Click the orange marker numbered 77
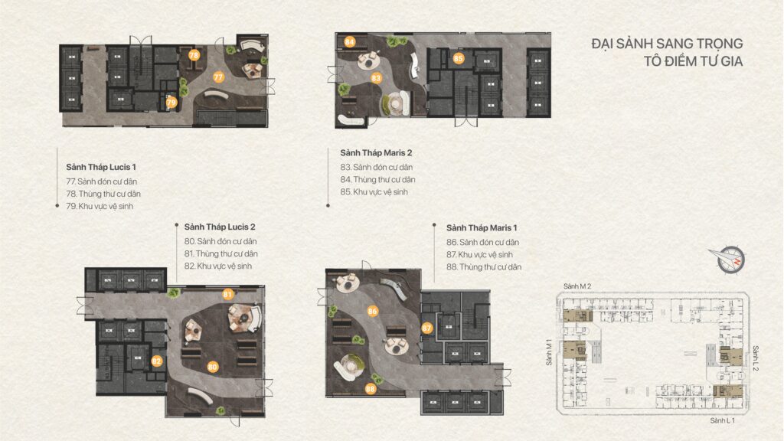click(218, 77)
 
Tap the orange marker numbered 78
click(194, 55)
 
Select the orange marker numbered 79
click(171, 103)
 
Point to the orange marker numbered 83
click(376, 78)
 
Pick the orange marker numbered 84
click(349, 42)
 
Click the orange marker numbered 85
click(459, 58)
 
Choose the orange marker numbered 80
click(213, 367)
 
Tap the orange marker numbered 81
click(228, 294)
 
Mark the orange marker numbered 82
click(157, 361)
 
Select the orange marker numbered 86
click(373, 311)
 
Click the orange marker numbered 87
click(426, 328)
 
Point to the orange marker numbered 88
click(371, 388)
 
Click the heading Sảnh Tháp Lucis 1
click(101, 167)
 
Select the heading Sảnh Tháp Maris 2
click(376, 152)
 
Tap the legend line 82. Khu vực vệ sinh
click(218, 266)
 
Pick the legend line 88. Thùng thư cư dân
click(484, 267)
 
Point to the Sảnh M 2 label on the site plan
click(577, 286)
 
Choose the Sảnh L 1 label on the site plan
click(723, 420)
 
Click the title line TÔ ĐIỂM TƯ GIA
click(693, 61)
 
